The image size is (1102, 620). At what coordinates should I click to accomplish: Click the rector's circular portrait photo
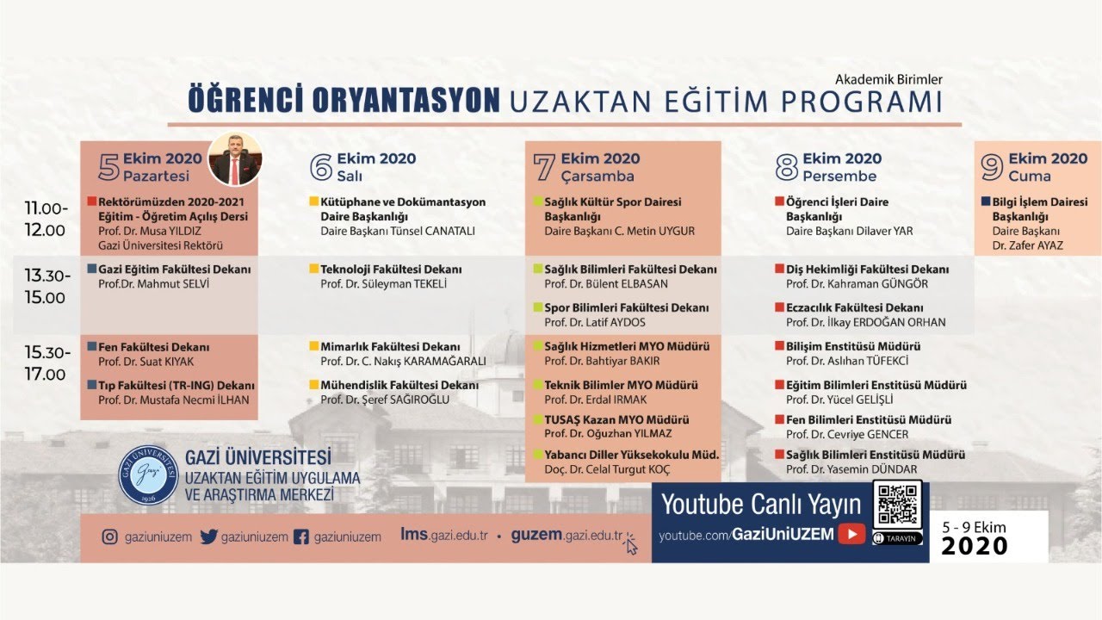point(234,159)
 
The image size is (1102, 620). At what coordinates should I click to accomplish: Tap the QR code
point(897,505)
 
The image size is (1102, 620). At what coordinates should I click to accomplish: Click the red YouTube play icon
point(851,534)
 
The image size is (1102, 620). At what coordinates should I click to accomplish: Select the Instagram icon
point(109,536)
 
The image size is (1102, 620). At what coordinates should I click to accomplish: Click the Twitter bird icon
point(208,536)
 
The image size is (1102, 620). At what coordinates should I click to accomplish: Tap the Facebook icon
point(301,536)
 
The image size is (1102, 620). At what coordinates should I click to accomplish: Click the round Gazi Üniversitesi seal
point(147,474)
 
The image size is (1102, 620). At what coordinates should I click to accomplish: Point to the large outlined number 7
point(544,166)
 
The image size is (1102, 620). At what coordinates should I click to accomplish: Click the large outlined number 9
point(993,166)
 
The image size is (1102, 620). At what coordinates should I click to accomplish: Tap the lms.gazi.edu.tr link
point(444,535)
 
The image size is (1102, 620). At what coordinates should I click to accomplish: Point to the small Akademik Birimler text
point(888,79)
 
